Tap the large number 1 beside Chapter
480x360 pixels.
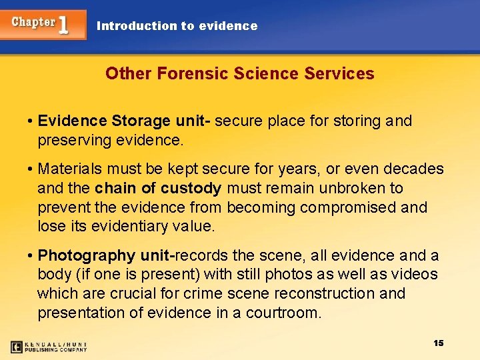point(64,25)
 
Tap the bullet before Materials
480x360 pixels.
point(31,169)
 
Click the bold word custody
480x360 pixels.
point(189,189)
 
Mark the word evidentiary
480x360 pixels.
point(126,227)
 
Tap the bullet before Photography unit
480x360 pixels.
point(31,255)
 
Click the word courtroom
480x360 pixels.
point(281,313)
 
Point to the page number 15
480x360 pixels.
point(438,343)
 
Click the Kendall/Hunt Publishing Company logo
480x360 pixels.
point(49,347)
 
